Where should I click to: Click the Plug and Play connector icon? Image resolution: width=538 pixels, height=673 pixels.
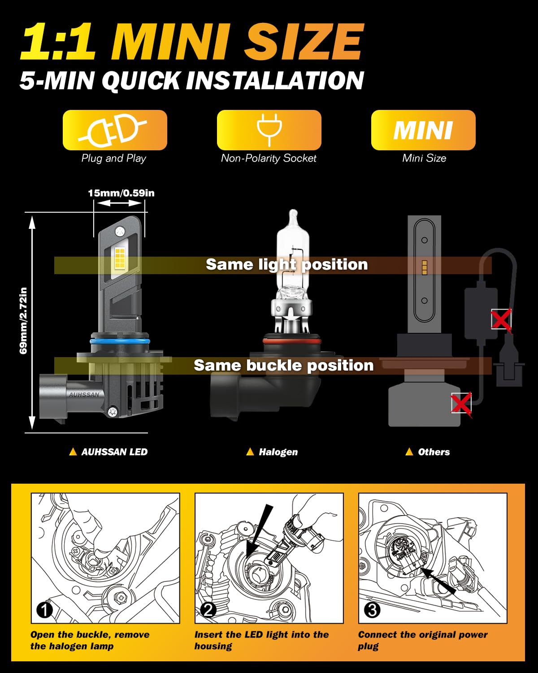114,130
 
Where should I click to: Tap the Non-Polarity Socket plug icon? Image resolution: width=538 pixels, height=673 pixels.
269,130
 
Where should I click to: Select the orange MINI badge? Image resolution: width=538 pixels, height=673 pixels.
423,130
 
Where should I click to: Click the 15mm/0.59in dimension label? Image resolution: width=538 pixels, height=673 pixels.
121,193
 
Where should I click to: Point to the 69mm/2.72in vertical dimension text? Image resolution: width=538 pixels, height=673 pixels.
23,320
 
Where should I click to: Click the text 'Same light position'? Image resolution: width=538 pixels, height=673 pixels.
286,265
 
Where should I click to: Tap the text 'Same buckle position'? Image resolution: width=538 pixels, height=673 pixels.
283,365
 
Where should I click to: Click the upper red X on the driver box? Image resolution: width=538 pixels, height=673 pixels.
501,319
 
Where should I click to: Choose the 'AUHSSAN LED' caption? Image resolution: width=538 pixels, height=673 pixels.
114,452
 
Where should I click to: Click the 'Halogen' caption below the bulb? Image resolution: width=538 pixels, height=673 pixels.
278,452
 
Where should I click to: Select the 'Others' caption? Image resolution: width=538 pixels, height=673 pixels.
434,452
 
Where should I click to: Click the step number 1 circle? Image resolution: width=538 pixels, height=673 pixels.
44,610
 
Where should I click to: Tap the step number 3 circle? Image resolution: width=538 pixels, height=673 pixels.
372,610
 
